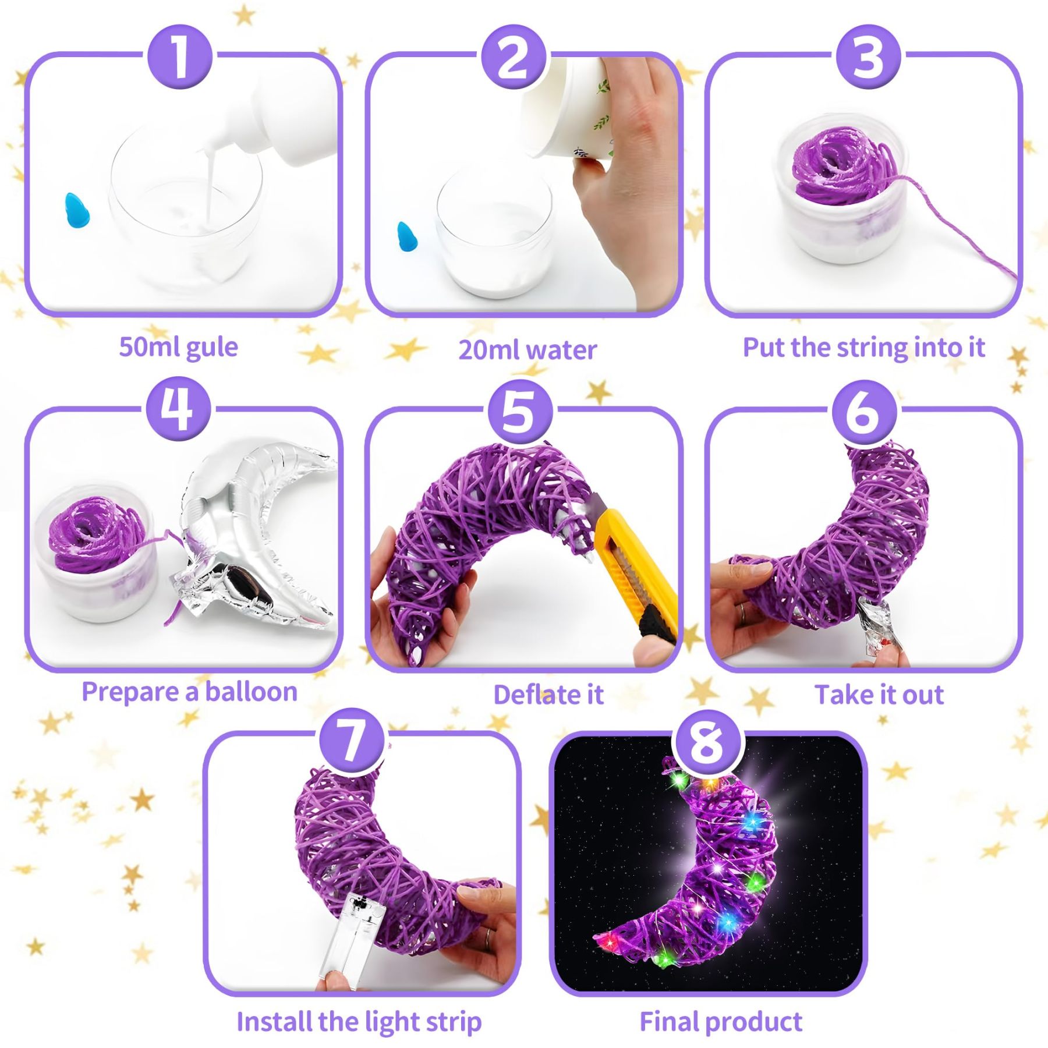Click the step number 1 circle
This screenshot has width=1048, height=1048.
pos(180,57)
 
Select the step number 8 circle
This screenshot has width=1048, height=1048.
pos(708,743)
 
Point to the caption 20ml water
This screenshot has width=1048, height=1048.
pos(527,350)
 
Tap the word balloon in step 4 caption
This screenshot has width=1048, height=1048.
pos(251,692)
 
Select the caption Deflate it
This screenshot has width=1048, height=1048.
pos(548,695)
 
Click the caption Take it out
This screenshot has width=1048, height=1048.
pos(879,695)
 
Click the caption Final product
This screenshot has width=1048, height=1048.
pos(721,1022)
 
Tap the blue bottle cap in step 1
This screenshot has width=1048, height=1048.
pos(77,210)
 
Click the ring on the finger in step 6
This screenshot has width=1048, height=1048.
pos(743,611)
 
